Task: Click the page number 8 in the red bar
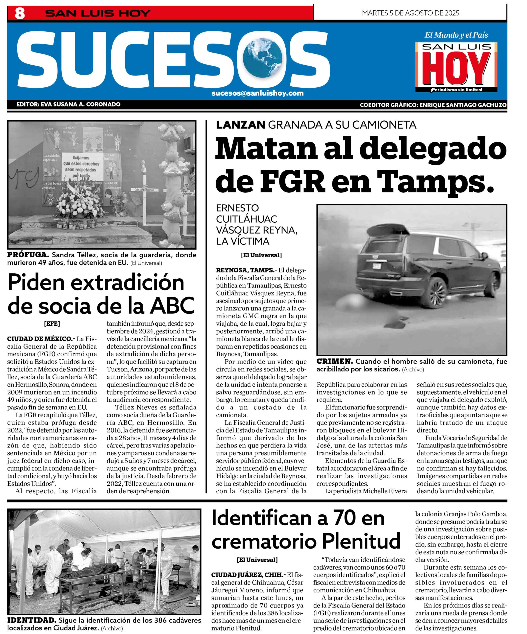pyautogui.click(x=20, y=14)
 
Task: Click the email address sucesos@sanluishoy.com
pyautogui.click(x=257, y=93)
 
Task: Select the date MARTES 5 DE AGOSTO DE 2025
pyautogui.click(x=410, y=13)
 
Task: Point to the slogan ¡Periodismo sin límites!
pyautogui.click(x=456, y=90)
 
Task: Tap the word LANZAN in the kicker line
pyautogui.click(x=241, y=125)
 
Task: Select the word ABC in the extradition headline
pyautogui.click(x=172, y=306)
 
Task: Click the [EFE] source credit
pyautogui.click(x=52, y=324)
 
